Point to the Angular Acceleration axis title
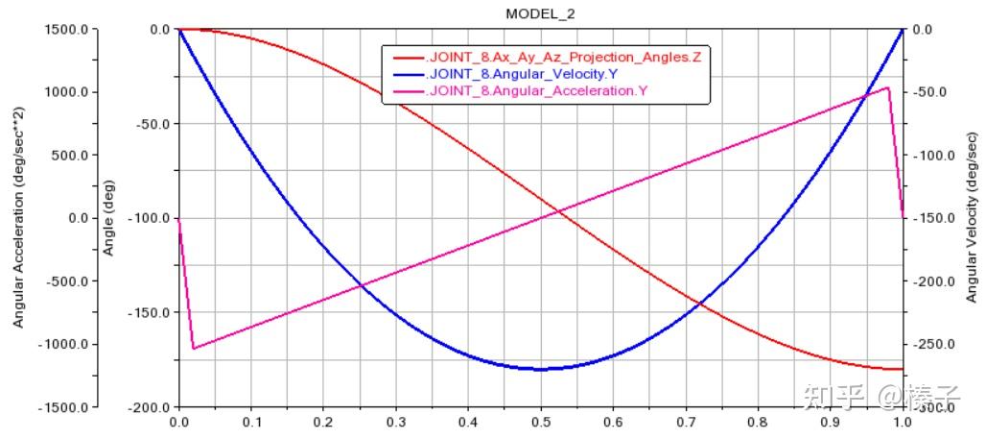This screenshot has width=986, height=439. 18,218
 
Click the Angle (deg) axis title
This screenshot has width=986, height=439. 109,218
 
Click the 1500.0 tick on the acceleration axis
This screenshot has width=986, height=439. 67,30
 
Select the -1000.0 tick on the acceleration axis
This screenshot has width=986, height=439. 65,344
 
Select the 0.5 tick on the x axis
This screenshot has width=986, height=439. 540,422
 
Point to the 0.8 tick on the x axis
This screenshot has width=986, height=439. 758,422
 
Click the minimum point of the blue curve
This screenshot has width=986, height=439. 540,369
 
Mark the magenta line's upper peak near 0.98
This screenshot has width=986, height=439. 888,87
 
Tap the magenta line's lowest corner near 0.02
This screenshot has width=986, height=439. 194,348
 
